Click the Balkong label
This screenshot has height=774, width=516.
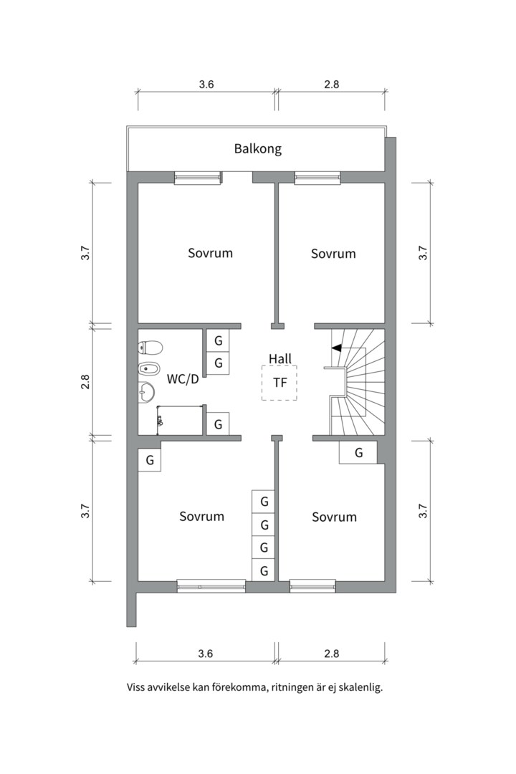pos(257,149)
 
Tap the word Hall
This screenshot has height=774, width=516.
pos(280,358)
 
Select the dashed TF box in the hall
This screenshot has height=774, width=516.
pos(279,383)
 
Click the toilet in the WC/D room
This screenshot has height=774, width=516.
pos(150,348)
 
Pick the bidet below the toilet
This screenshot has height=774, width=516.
pos(149,370)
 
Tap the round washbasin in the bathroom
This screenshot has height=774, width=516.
pos(146,391)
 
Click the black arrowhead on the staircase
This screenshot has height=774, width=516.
pos(335,348)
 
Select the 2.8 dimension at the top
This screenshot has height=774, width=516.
pos(331,84)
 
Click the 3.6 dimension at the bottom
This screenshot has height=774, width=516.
pos(206,653)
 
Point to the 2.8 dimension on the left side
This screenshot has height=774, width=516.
pos(85,382)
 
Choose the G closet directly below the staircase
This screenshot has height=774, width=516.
pos(358,453)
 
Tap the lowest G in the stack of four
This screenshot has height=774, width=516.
pos(264,570)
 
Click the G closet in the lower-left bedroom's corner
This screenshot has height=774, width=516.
pos(150,460)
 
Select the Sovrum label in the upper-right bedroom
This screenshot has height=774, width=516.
pos(333,254)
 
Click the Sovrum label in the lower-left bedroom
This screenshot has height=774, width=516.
pos(201,516)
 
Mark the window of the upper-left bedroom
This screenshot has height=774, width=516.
pos(198,178)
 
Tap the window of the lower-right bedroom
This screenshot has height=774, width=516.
pos(312,586)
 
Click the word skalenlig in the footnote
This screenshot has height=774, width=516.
pos(360,687)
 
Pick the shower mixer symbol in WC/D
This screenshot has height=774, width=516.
pos(159,421)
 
